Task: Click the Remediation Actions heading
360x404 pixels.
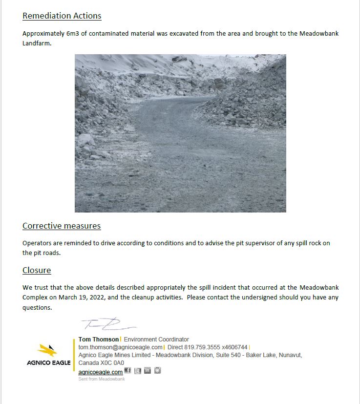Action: (x=62, y=16)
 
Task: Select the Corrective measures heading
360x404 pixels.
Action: (x=62, y=226)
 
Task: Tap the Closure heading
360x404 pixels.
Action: (x=37, y=270)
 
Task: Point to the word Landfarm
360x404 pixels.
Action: (x=37, y=43)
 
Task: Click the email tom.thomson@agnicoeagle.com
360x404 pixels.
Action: (x=120, y=347)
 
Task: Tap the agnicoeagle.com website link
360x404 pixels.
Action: (x=100, y=372)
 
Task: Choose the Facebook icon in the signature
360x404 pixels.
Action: (x=128, y=371)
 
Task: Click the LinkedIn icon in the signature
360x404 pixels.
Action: (x=148, y=371)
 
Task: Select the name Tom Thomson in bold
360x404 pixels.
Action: (x=99, y=339)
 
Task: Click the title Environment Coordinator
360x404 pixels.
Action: (x=156, y=339)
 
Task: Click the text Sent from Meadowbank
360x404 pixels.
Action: (x=101, y=379)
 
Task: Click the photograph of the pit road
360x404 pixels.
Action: (x=180, y=133)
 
